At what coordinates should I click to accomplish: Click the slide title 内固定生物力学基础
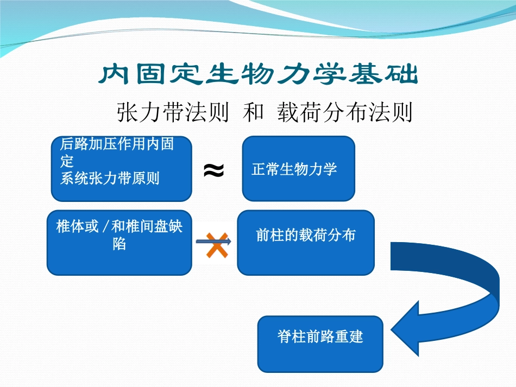(x=259, y=75)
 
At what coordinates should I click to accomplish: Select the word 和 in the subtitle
(x=253, y=113)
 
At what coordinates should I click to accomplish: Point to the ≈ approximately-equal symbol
(x=213, y=170)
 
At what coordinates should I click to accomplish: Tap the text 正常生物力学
(x=294, y=169)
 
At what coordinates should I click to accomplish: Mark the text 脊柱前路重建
(x=320, y=337)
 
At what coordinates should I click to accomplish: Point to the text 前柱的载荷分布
(x=306, y=235)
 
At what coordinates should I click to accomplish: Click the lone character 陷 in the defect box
(x=119, y=244)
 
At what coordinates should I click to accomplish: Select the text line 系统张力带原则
(x=110, y=179)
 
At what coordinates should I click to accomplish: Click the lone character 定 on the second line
(x=67, y=162)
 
